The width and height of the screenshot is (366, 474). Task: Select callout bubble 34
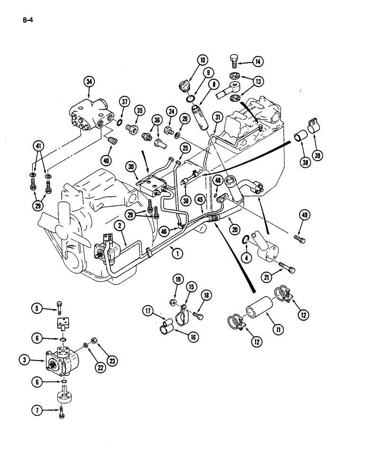coord(89,82)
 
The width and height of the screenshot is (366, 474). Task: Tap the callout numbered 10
coord(202,60)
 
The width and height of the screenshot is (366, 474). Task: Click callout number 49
coord(304,217)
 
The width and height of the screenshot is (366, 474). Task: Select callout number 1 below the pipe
coord(177,254)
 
